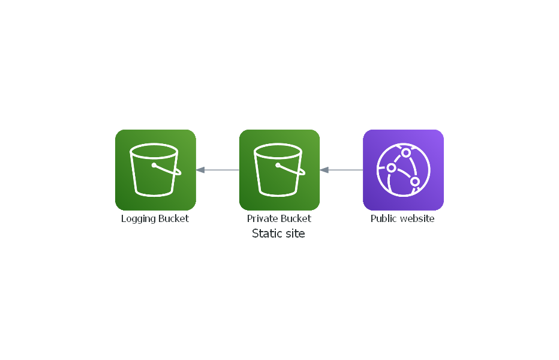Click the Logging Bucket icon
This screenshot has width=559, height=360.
(155, 170)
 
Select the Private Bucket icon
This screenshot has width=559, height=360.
(279, 170)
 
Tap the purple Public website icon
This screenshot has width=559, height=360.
(403, 170)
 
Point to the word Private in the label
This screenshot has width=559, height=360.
(261, 219)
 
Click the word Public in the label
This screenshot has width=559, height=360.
(383, 219)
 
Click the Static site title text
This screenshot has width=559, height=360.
(278, 233)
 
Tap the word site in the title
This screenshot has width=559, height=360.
(294, 233)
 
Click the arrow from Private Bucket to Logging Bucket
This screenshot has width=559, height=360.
(220, 170)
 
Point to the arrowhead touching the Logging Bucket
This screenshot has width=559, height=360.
(200, 170)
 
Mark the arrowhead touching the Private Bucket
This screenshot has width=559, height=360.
(324, 170)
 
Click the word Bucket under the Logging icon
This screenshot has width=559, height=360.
(173, 219)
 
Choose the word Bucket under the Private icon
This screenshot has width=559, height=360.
(296, 219)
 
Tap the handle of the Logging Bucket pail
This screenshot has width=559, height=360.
(168, 170)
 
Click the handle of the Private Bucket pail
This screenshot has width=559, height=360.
(292, 170)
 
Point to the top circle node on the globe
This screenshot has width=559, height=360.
(406, 152)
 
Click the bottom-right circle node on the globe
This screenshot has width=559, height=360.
(415, 181)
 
